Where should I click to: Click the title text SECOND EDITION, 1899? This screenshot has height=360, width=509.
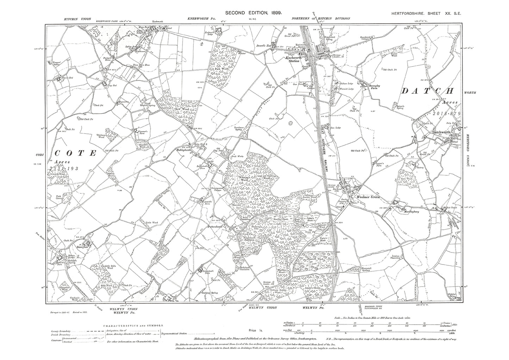(x=253, y=12)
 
